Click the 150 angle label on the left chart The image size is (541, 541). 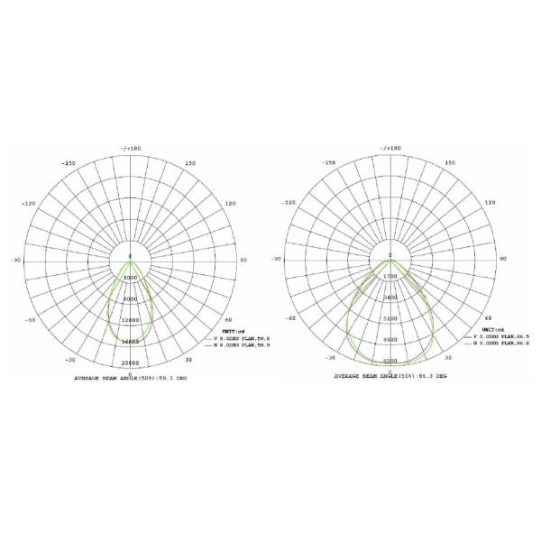[x=190, y=164]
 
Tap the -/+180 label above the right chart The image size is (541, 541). [x=390, y=147]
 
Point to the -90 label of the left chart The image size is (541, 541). [x=15, y=261]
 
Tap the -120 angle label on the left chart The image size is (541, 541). [x=29, y=204]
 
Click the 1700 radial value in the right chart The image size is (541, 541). [x=390, y=276]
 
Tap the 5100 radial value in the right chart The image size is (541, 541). [x=390, y=318]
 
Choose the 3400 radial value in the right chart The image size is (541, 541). [x=390, y=298]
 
